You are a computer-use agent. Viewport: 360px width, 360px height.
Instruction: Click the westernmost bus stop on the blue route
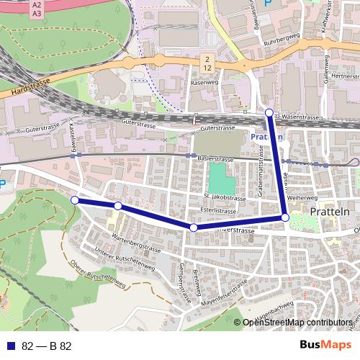74,199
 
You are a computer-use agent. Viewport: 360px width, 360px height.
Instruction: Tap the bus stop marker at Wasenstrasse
269,112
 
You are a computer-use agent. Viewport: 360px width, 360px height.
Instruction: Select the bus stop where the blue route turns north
285,217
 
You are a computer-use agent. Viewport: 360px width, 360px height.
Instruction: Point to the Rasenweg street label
203,83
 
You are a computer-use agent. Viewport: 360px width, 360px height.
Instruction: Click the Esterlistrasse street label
219,211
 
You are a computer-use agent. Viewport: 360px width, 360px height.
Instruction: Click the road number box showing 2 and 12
207,63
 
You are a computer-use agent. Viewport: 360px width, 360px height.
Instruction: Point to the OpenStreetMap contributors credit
297,323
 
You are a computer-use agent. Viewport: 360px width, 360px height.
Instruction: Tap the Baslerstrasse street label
216,159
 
